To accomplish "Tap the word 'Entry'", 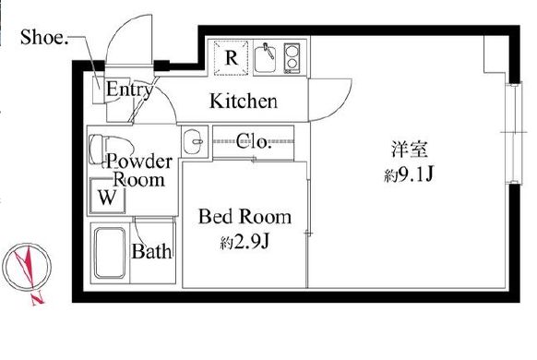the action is (x=129, y=90).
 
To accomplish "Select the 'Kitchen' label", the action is (x=244, y=101).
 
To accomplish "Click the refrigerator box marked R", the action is (x=231, y=57).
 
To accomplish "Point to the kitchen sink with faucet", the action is (x=266, y=57).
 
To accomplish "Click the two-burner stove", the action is (x=292, y=58).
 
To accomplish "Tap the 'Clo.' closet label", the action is (x=254, y=141).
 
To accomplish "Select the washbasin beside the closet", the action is (x=195, y=142).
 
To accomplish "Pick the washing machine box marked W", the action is (x=107, y=196).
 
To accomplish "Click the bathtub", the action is (x=110, y=253).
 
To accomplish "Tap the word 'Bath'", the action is (x=151, y=251).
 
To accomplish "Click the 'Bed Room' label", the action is (x=245, y=217).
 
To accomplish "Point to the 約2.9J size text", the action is (x=245, y=243).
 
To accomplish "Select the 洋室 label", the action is (x=410, y=150).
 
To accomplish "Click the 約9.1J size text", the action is (x=410, y=175).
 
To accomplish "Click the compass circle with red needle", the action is (x=27, y=266).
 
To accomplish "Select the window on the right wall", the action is (x=514, y=133).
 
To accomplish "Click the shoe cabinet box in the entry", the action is (x=99, y=90).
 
